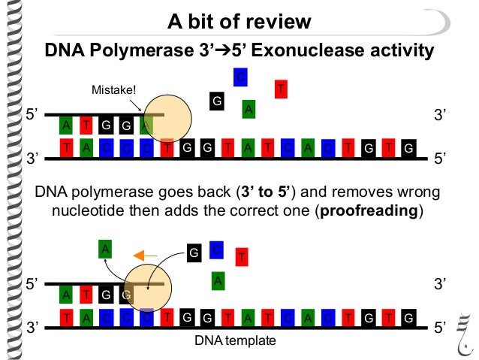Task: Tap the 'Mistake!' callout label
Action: [x=114, y=91]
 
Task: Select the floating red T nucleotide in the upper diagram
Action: [x=282, y=89]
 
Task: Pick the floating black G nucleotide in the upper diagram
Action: [x=217, y=101]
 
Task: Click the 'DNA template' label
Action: [x=235, y=340]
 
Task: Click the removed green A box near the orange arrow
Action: [x=107, y=248]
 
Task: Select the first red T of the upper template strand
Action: [x=68, y=148]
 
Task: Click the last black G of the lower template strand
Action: [x=408, y=318]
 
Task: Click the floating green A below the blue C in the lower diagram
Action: [x=217, y=280]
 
